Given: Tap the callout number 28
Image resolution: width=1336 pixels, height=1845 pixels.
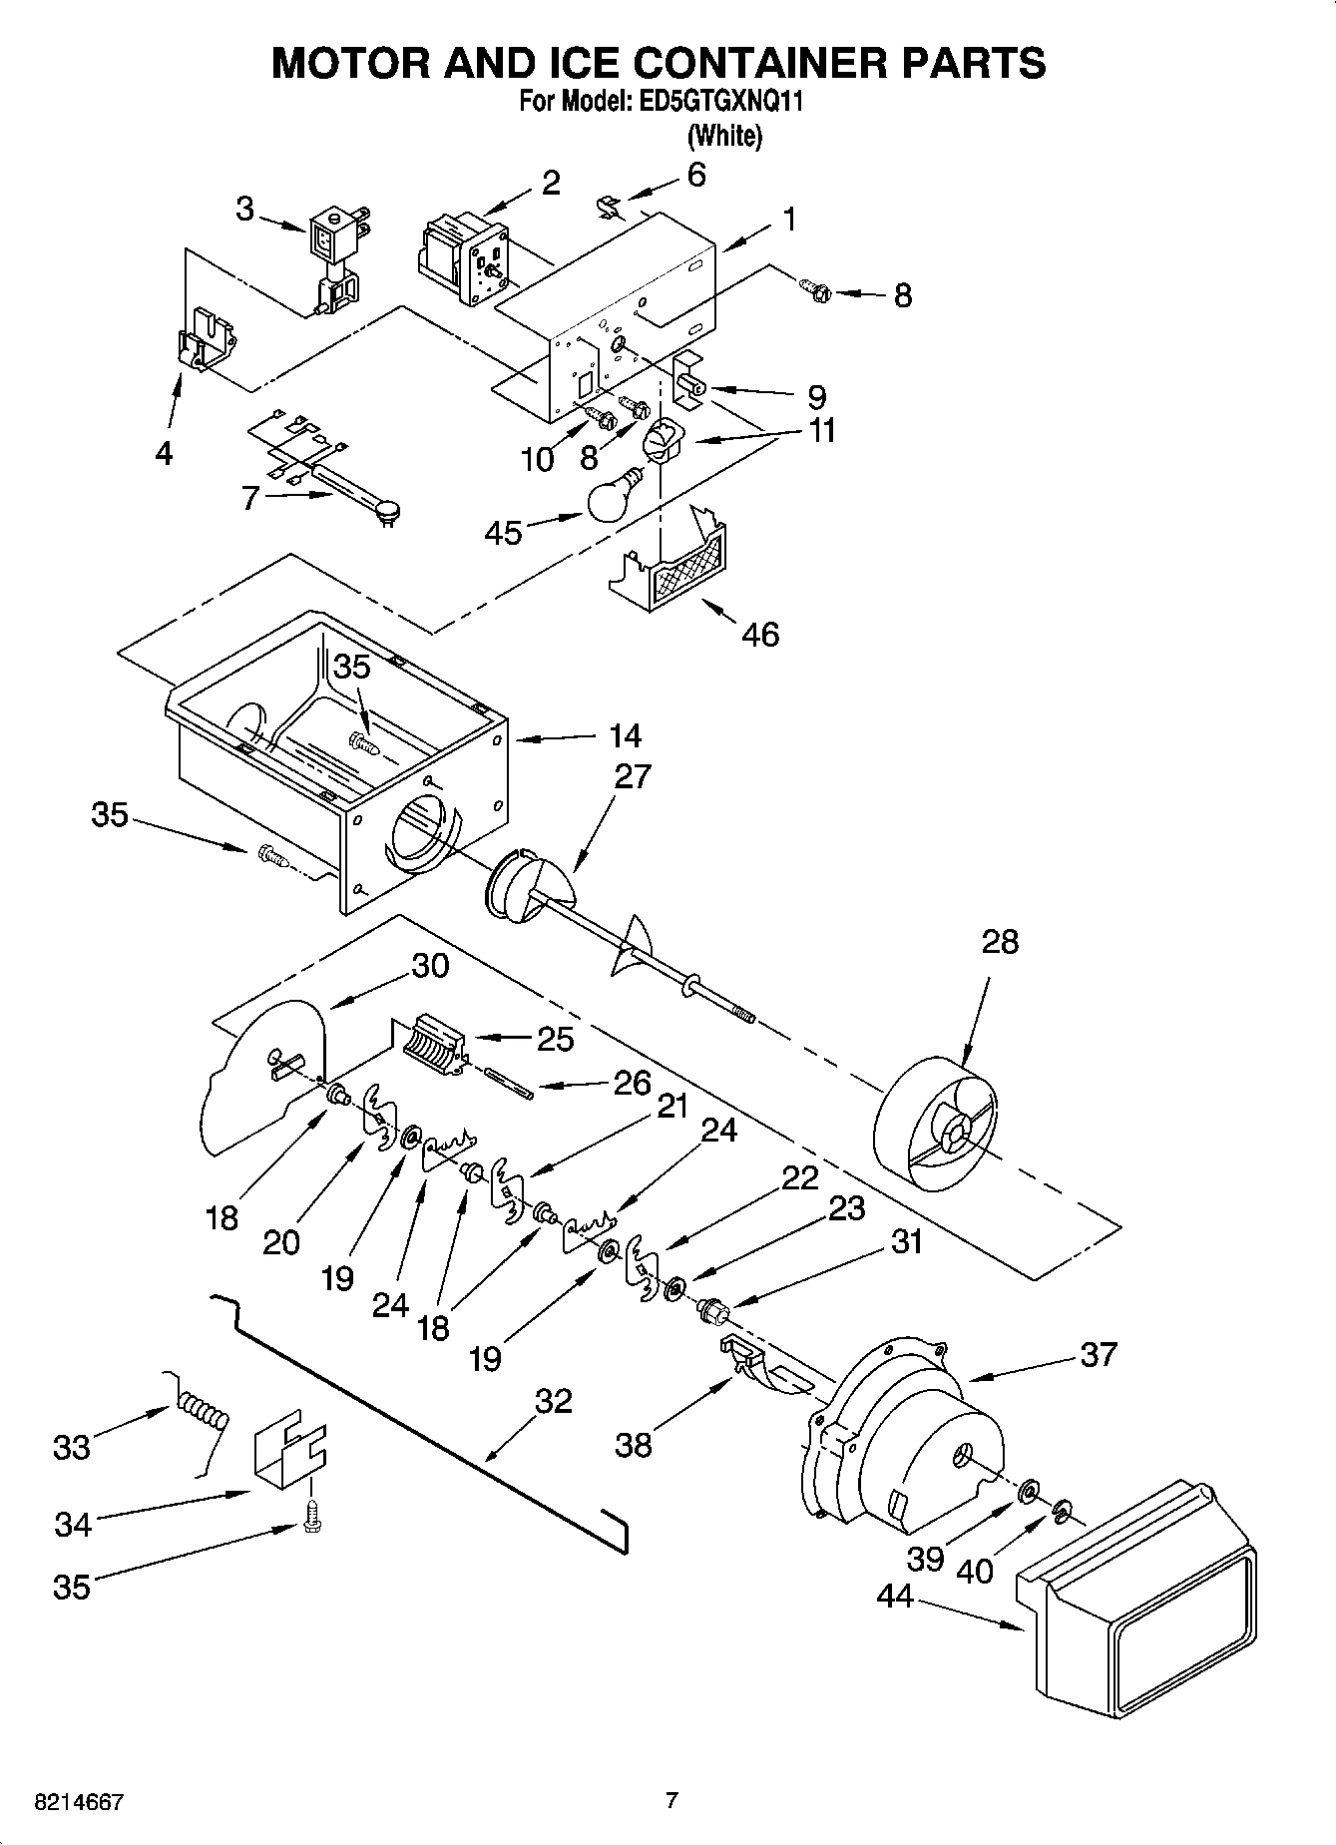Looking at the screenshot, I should (x=1000, y=941).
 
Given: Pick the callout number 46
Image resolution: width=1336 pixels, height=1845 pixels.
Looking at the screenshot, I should (x=760, y=634).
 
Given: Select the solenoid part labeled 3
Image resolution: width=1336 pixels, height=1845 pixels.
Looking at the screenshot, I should (x=333, y=259).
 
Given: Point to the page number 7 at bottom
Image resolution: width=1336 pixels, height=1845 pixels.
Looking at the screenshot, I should (x=671, y=1800).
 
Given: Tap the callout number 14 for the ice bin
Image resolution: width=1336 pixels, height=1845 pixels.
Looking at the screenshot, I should (x=625, y=736).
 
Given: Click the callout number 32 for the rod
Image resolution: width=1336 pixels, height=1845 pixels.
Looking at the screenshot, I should (x=553, y=1401).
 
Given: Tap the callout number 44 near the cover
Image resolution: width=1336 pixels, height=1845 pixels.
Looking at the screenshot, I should (x=895, y=1597).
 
